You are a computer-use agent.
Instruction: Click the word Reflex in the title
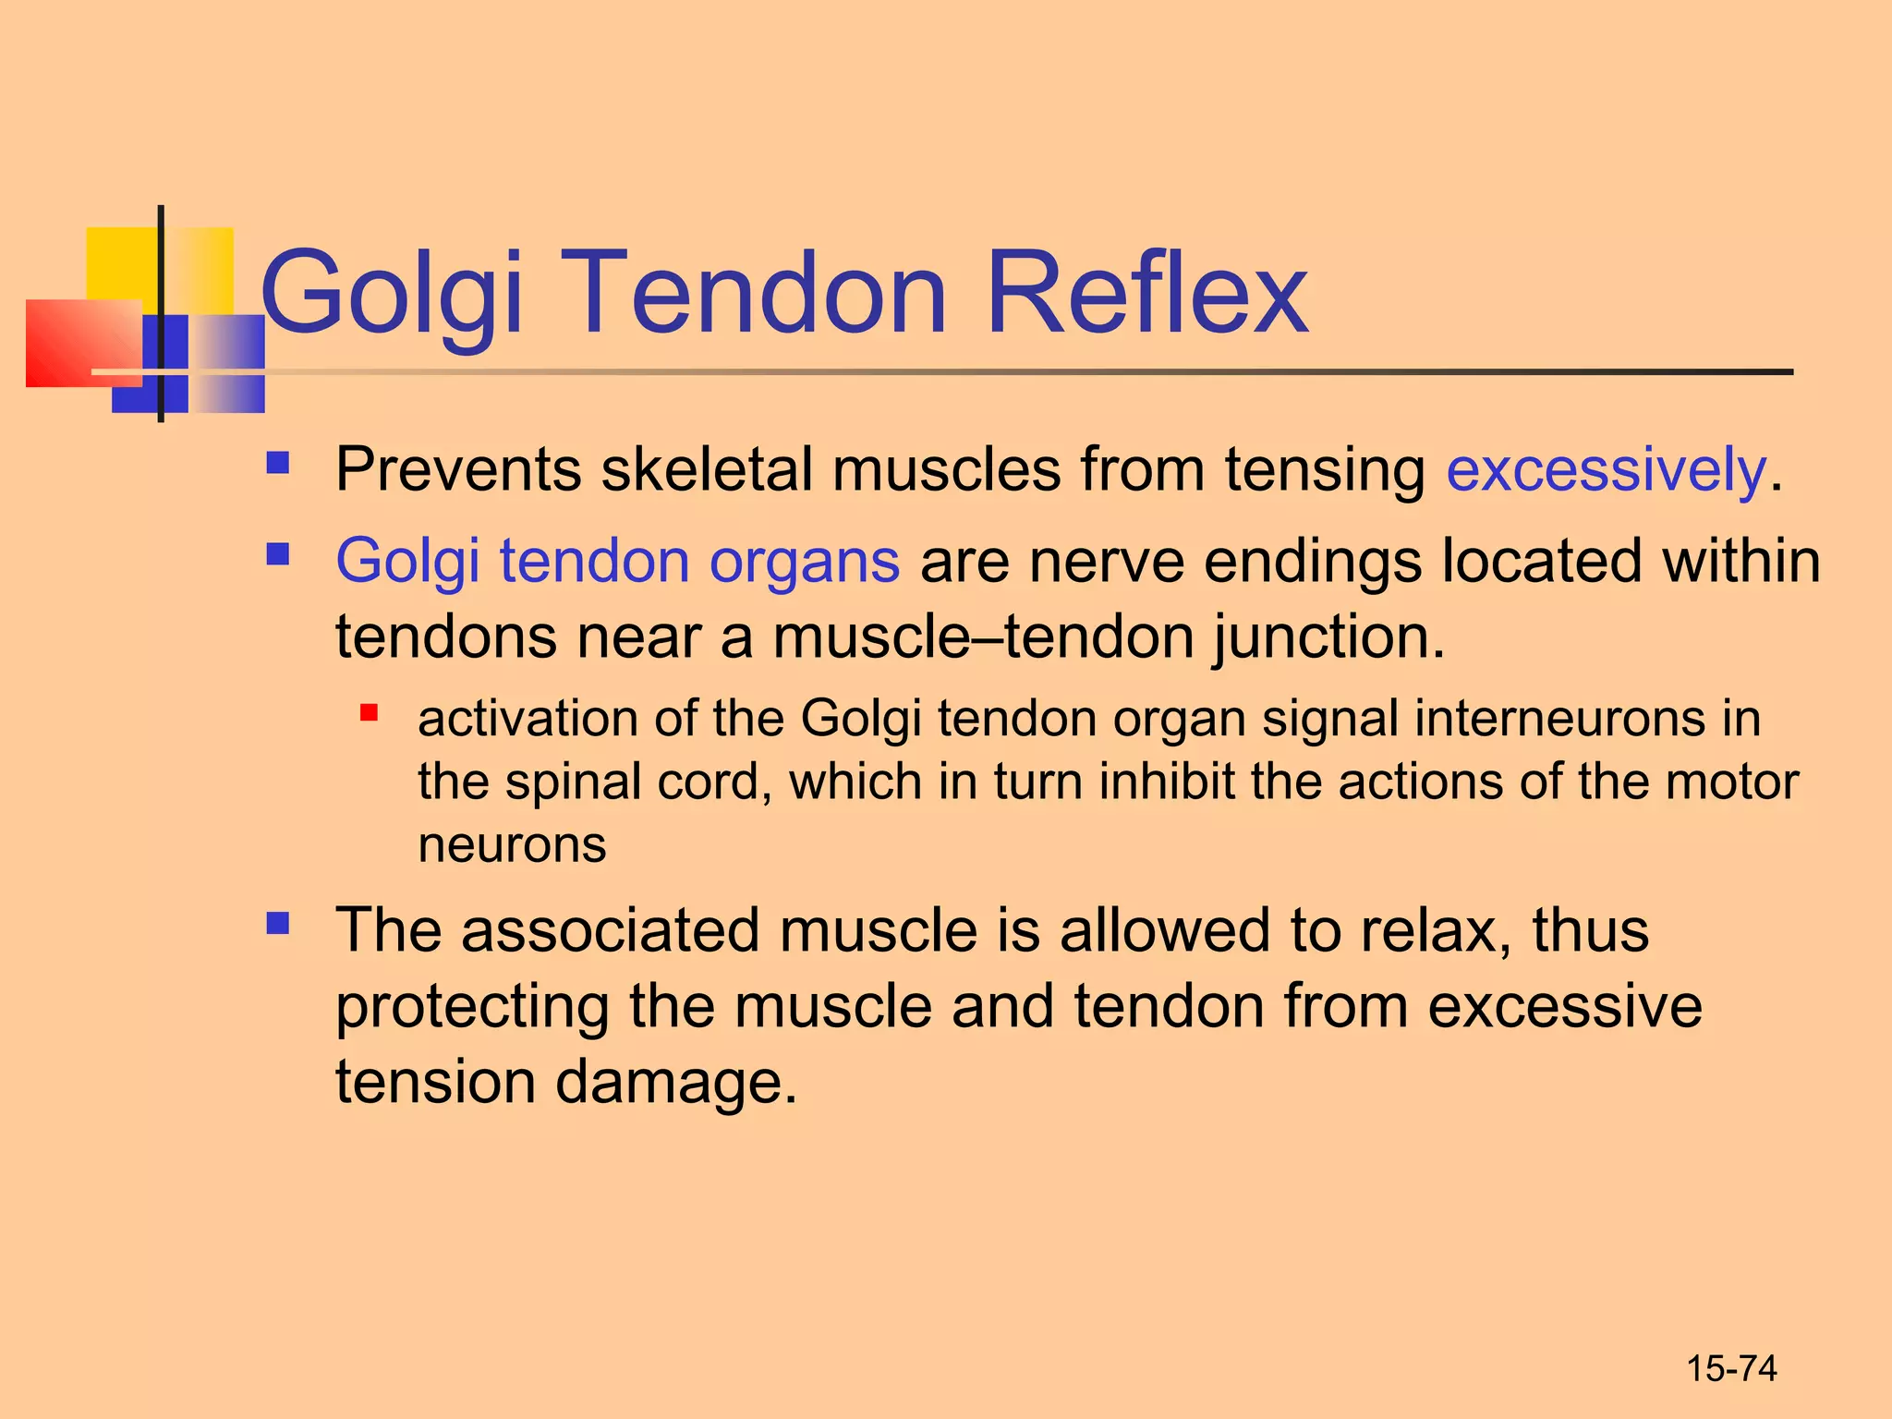tap(1146, 294)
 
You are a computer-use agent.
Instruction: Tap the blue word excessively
tap(1606, 470)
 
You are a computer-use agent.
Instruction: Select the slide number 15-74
tap(1731, 1368)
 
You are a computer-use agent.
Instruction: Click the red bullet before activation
tap(370, 712)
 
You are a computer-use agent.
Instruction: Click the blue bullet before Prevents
tap(277, 462)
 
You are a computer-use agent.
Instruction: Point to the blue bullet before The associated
tap(277, 923)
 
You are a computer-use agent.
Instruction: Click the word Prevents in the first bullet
tap(457, 470)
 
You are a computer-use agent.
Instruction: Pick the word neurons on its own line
tap(512, 844)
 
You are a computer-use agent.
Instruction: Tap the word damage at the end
tap(674, 1082)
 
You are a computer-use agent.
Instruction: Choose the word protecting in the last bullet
tap(471, 1007)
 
